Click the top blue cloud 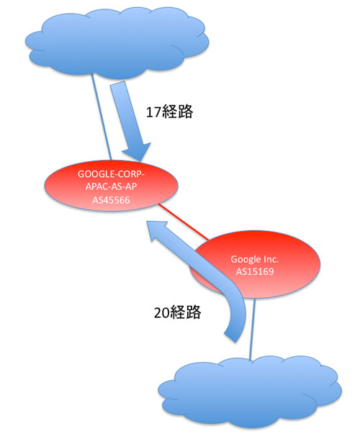(x=117, y=42)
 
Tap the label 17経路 (x=169, y=112)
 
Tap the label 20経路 (x=178, y=312)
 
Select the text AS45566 (x=111, y=200)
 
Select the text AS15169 (x=255, y=271)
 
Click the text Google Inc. (x=255, y=259)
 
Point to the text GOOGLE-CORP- (x=111, y=174)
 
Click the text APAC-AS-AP (x=111, y=186)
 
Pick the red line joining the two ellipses (x=184, y=222)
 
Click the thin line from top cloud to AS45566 (x=102, y=117)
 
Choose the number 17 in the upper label (x=153, y=112)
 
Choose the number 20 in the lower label (x=162, y=312)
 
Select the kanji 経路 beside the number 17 (x=177, y=112)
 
